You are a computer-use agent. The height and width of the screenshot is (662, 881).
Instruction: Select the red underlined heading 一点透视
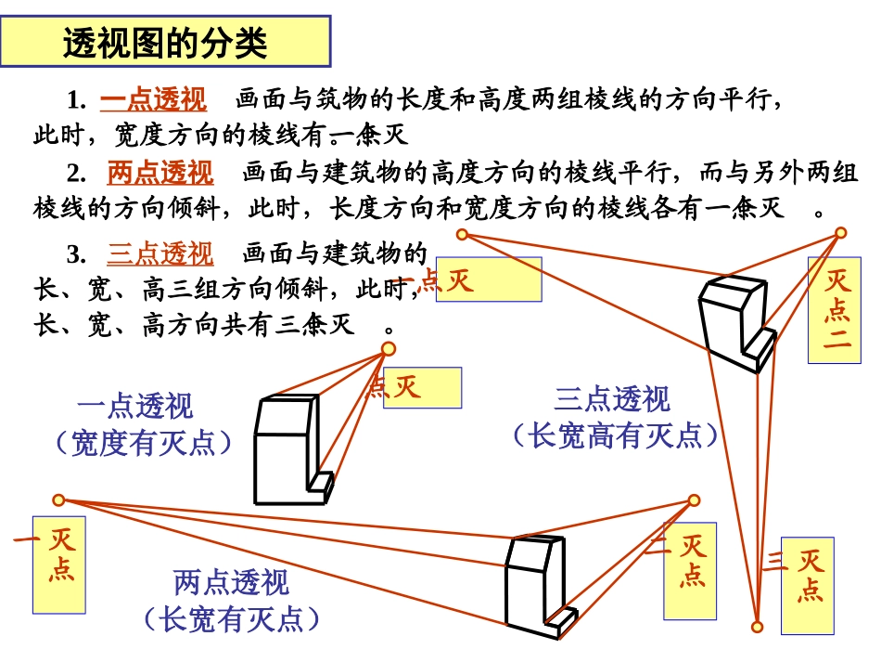pyautogui.click(x=153, y=99)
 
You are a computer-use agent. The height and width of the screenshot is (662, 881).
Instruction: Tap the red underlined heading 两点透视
pyautogui.click(x=160, y=173)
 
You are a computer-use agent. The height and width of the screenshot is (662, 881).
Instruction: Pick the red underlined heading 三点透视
pyautogui.click(x=160, y=253)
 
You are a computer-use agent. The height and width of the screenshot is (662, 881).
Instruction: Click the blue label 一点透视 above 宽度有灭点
pyautogui.click(x=135, y=407)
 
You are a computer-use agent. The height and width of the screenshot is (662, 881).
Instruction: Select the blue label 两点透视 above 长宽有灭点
pyautogui.click(x=231, y=583)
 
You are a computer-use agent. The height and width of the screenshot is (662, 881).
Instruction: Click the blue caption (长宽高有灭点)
pyautogui.click(x=615, y=435)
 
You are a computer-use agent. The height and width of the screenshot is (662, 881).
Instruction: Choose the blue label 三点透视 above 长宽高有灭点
pyautogui.click(x=612, y=399)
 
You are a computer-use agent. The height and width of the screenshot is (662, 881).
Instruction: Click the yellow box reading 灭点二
pyautogui.click(x=835, y=309)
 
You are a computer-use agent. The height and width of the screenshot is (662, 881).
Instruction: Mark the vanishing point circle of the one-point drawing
pyautogui.click(x=389, y=348)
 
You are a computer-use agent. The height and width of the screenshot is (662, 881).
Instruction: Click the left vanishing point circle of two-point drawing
pyautogui.click(x=58, y=500)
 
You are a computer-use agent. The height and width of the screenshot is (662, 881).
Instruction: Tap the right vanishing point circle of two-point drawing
pyautogui.click(x=695, y=500)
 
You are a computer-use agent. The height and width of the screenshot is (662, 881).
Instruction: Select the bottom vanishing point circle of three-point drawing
pyautogui.click(x=758, y=628)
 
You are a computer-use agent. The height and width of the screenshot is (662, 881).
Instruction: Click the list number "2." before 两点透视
pyautogui.click(x=77, y=174)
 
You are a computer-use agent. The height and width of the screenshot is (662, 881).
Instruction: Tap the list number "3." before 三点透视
pyautogui.click(x=77, y=254)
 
